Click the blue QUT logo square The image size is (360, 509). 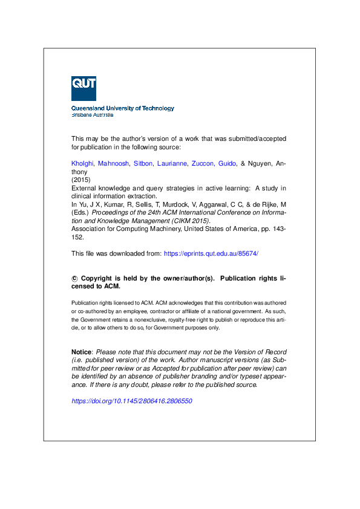(x=83, y=88)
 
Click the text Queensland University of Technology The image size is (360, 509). (x=123, y=108)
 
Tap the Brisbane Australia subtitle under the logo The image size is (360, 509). (x=92, y=115)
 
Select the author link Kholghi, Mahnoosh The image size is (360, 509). (x=99, y=164)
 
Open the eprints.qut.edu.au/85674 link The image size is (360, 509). (x=211, y=253)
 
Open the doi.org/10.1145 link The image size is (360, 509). (x=131, y=401)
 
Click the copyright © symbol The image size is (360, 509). (x=74, y=279)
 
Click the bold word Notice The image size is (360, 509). (x=82, y=352)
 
